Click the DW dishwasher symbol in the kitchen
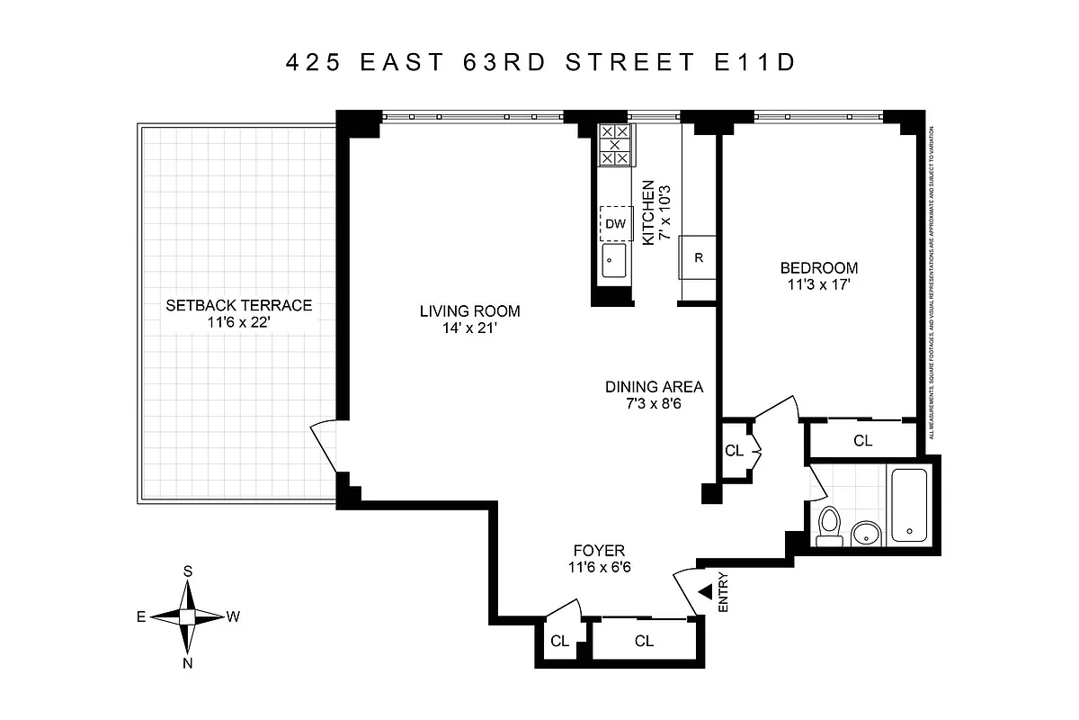click(615, 223)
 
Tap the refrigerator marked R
click(698, 258)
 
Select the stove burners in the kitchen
click(615, 144)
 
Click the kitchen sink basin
click(615, 264)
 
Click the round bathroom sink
click(865, 534)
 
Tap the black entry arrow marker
click(705, 591)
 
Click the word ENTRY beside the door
click(724, 594)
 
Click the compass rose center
click(188, 616)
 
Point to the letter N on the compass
click(188, 663)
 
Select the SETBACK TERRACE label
click(238, 305)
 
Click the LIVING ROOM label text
click(470, 311)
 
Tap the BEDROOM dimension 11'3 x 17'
click(819, 285)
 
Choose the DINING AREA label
click(654, 387)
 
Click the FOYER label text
click(599, 551)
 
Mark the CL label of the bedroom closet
click(863, 441)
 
